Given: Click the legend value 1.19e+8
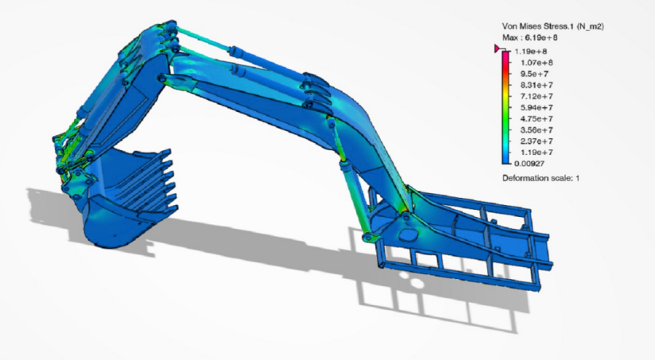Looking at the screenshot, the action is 530,52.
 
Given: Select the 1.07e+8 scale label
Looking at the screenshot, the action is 537,63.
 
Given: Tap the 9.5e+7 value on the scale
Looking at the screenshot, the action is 534,74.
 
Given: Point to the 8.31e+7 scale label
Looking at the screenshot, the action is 537,85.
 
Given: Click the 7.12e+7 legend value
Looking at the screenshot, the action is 537,96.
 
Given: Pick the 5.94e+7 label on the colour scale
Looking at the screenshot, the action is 537,108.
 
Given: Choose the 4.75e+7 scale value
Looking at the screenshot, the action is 537,119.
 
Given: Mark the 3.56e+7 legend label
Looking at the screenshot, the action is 537,130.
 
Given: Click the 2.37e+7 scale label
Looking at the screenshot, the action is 537,141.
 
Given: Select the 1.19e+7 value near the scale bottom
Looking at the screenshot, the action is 537,153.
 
